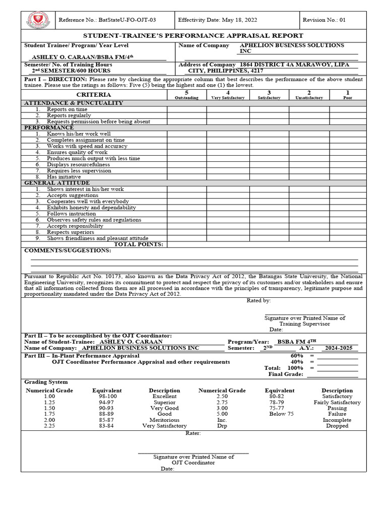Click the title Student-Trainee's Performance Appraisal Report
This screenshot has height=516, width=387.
(x=193, y=36)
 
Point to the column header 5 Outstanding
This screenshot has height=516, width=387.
(x=186, y=95)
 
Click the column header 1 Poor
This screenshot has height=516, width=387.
(x=348, y=95)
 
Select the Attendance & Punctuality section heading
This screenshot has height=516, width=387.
(x=74, y=103)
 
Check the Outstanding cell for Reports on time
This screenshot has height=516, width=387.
(x=186, y=109)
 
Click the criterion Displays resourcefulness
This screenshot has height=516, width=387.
(x=78, y=165)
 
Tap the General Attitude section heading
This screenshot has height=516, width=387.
(x=57, y=183)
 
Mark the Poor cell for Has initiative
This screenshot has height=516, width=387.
(x=348, y=177)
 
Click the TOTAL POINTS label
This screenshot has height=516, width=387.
(x=139, y=244)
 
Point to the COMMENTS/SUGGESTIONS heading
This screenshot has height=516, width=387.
(x=68, y=250)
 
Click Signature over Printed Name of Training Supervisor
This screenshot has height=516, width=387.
(x=305, y=321)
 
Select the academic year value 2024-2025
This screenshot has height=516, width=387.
(x=341, y=348)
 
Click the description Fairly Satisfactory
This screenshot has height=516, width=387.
(x=337, y=403)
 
